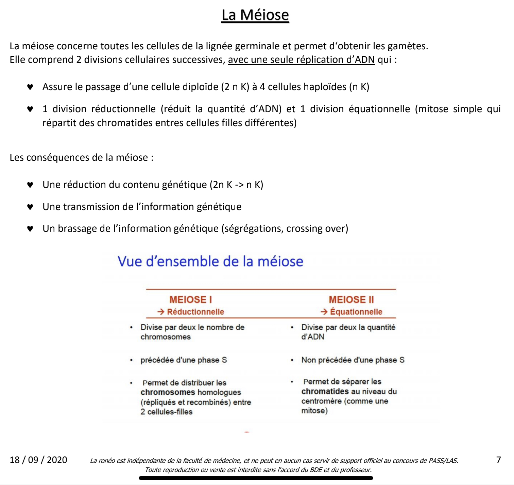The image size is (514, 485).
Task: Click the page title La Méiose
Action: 255,15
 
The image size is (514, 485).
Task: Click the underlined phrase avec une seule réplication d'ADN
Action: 301,59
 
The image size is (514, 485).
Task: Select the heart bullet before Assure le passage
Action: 30,87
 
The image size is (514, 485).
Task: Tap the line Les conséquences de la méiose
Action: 81,157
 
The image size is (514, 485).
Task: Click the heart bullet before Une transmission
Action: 30,207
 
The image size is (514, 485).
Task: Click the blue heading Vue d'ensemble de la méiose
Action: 210,261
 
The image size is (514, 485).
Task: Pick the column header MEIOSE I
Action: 191,299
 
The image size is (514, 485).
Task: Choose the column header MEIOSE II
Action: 351,299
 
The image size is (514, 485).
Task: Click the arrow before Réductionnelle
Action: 161,312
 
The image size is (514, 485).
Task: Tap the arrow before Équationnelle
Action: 324,312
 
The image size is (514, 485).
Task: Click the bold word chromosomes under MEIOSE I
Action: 168,392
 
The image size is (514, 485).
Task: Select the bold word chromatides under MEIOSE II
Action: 325,391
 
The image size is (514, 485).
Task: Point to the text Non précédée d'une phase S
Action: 353,360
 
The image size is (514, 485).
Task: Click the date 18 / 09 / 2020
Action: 38,460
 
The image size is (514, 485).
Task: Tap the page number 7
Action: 498,460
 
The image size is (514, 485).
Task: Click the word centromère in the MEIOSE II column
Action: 321,401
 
